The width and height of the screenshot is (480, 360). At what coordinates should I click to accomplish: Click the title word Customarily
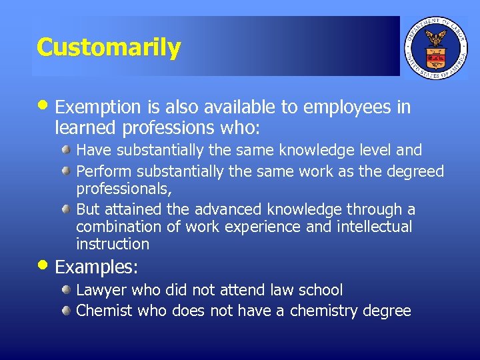click(x=109, y=47)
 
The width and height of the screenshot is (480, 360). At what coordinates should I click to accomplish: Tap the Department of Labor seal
click(x=436, y=46)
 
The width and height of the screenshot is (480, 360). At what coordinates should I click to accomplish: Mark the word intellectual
click(x=375, y=227)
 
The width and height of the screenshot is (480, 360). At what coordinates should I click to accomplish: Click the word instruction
click(x=113, y=244)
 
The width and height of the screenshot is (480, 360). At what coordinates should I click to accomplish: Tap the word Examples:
click(x=97, y=267)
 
